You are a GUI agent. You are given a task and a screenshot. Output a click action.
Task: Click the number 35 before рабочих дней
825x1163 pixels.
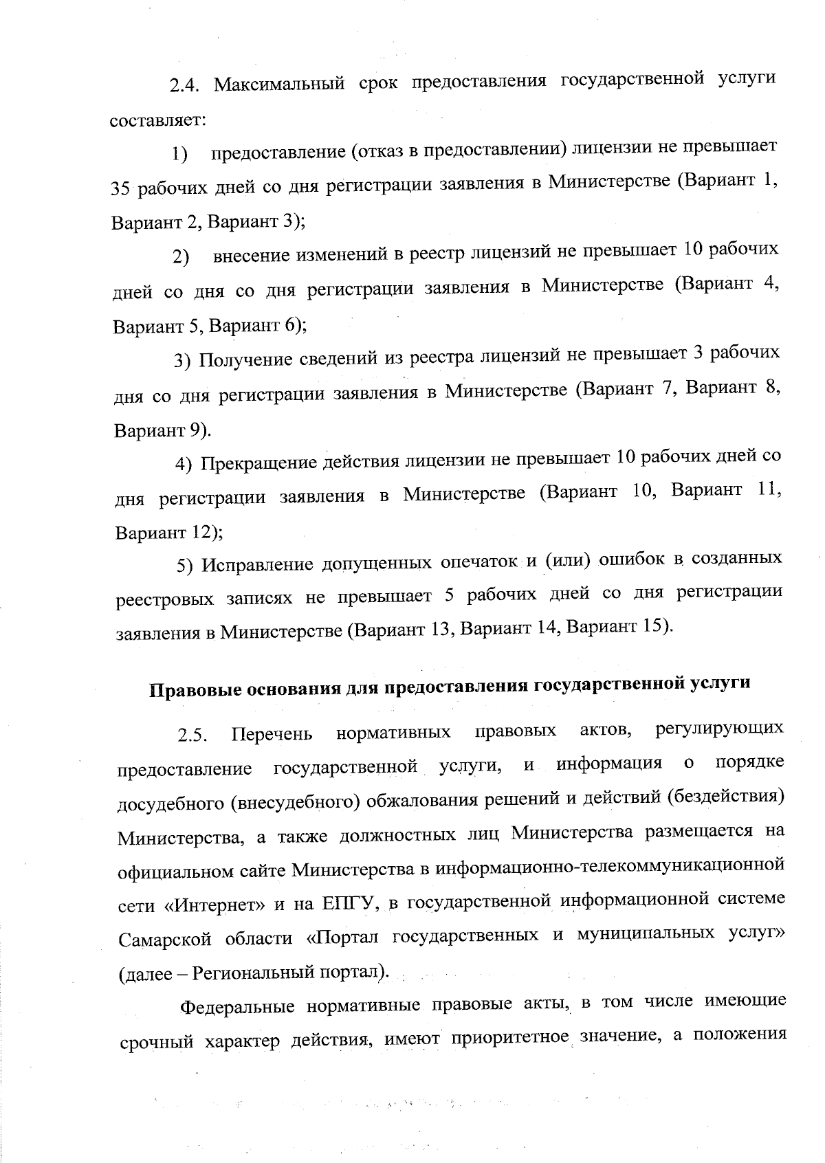click(x=122, y=187)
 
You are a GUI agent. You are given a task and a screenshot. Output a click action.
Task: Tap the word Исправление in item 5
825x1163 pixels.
click(x=256, y=564)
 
